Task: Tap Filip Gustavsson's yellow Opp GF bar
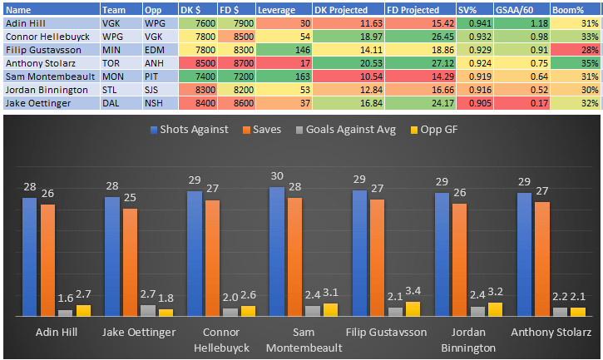click(413, 308)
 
